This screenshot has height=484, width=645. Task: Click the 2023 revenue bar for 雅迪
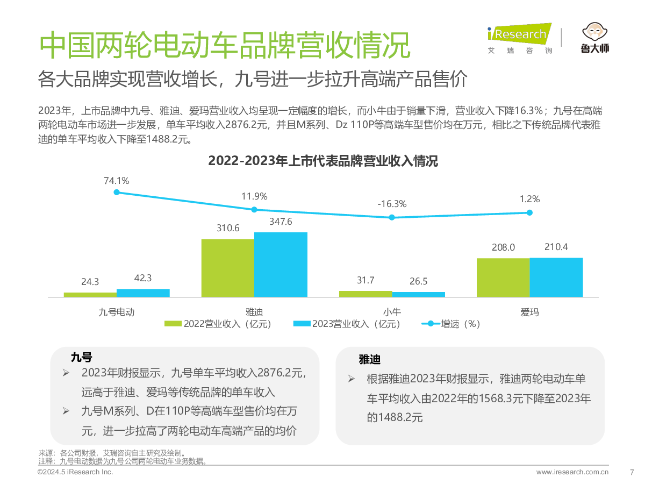click(281, 264)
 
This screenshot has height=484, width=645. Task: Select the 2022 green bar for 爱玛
click(503, 277)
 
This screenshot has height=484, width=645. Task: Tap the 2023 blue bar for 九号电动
click(143, 293)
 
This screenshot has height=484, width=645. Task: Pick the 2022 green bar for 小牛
click(365, 294)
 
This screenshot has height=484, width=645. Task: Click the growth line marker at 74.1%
click(117, 192)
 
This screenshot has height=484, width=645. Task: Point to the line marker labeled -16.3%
click(392, 217)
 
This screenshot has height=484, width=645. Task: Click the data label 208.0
click(503, 247)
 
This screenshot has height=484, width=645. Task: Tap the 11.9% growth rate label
click(254, 196)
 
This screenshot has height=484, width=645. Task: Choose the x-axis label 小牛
click(392, 312)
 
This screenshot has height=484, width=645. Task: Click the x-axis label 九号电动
click(117, 312)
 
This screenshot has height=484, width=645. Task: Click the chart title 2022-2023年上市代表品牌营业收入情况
click(322, 161)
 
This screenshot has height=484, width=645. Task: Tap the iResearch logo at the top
click(519, 35)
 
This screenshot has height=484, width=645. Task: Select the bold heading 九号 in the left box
click(81, 358)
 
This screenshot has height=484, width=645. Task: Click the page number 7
click(632, 472)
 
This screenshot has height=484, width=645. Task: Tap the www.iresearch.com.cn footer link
click(572, 472)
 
